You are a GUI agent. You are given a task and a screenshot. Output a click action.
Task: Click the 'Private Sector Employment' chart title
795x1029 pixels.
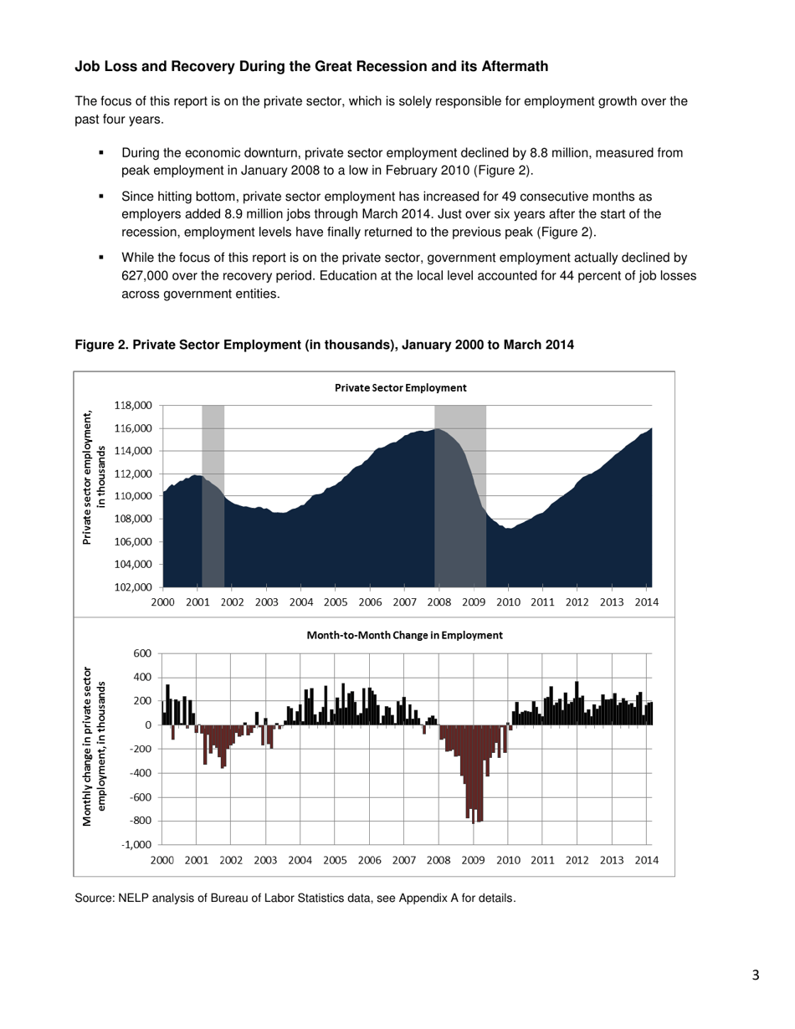point(400,388)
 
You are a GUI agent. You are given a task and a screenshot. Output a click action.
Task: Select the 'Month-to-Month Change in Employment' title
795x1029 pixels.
point(404,635)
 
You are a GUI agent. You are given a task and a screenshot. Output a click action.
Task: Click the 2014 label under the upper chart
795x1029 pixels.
point(646,602)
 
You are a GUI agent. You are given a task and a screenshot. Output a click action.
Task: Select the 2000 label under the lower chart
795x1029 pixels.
point(162,860)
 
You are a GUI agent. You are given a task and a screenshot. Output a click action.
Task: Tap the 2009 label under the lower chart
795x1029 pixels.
point(474,860)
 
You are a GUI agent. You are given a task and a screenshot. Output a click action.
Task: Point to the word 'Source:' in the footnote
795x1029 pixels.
point(95,899)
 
